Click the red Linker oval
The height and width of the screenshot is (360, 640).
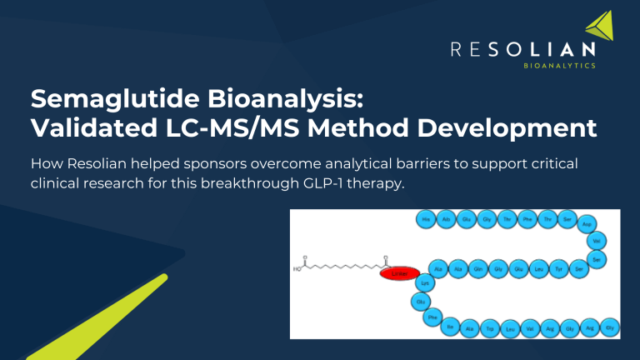click(x=399, y=272)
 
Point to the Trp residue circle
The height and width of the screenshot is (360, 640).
click(x=490, y=328)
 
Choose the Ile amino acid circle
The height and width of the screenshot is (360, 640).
click(x=451, y=327)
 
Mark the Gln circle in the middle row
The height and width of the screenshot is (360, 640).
click(x=477, y=269)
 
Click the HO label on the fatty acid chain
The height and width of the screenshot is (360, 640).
click(x=297, y=270)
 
